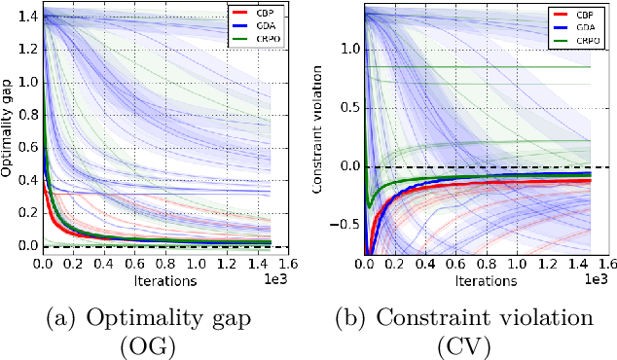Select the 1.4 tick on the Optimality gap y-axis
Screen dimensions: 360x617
(28, 18)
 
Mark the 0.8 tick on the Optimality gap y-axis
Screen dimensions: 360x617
(28, 116)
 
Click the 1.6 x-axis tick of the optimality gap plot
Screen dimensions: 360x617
(308, 263)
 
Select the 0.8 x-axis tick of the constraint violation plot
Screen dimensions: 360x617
(484, 263)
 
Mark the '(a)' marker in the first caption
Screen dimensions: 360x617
(53, 316)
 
